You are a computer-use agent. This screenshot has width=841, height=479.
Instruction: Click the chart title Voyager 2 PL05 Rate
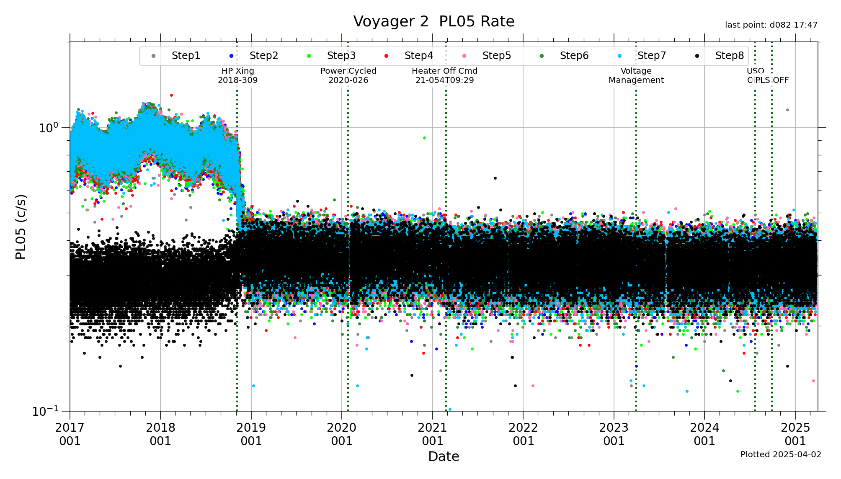(433, 21)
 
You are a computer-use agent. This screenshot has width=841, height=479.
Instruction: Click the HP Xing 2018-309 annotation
(237, 75)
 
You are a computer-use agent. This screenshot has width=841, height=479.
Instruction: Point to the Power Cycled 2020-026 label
(348, 75)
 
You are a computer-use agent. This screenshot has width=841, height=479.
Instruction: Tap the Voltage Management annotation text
(636, 75)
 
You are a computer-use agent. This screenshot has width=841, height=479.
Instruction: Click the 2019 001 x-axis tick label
(251, 434)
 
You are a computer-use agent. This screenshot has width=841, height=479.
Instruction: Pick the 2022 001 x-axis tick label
(523, 434)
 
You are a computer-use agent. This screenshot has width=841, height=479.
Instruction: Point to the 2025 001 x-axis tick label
(795, 434)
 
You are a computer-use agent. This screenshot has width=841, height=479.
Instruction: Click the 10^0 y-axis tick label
(48, 128)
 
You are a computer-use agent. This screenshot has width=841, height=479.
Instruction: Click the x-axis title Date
(444, 456)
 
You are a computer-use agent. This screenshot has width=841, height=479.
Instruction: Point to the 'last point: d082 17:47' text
(771, 25)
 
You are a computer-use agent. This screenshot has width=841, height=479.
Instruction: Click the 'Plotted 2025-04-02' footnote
(781, 455)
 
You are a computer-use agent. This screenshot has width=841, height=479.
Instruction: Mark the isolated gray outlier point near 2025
(787, 110)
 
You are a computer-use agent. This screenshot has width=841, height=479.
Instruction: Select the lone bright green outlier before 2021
(424, 138)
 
